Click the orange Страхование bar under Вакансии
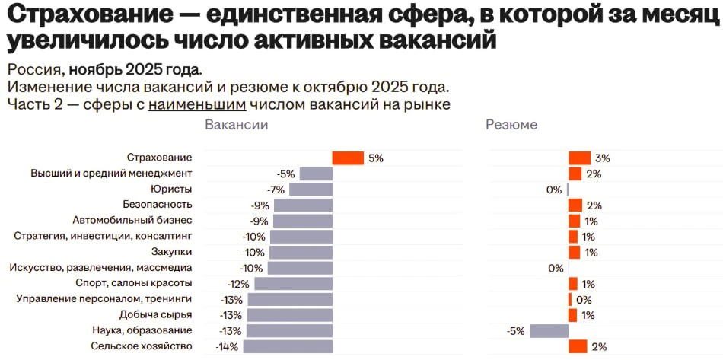[348, 158]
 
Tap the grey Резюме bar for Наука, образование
[549, 330]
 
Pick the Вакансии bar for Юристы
[311, 190]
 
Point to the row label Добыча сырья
[155, 314]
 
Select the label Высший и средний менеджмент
[111, 174]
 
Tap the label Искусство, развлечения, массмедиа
[100, 268]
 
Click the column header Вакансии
[237, 125]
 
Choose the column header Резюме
[511, 125]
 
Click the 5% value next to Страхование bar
[374, 158]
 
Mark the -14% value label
[227, 346]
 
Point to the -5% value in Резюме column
[516, 330]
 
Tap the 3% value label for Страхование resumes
[603, 158]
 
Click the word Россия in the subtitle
[32, 69]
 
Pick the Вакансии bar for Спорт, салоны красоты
[293, 284]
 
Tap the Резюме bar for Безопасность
[575, 205]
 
